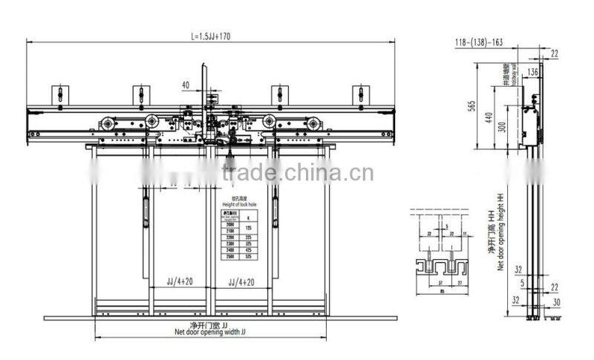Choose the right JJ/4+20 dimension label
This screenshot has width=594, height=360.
[x=241, y=283]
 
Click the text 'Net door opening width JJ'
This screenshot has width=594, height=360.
[x=210, y=332]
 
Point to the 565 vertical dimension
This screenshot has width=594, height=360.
[x=471, y=106]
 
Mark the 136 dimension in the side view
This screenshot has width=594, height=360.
[x=532, y=72]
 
